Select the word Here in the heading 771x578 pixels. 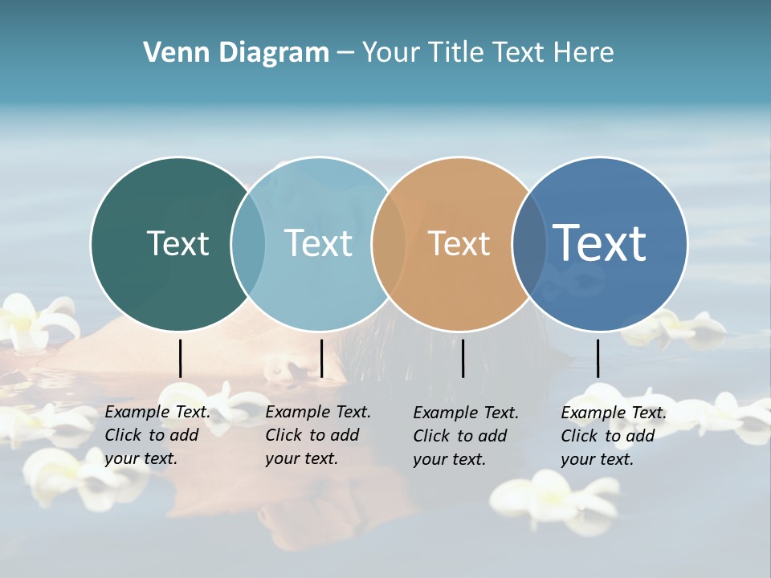tap(583, 53)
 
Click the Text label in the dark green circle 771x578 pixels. tap(177, 243)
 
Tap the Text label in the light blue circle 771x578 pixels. tap(319, 243)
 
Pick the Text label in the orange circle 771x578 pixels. tap(459, 243)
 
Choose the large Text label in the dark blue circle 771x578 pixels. tap(600, 242)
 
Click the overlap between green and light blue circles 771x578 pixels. tap(248, 243)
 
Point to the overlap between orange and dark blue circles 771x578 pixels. tap(529, 243)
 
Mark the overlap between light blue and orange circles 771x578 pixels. tap(389, 243)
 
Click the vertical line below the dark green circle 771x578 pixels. tap(180, 358)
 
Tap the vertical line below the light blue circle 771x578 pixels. tap(321, 358)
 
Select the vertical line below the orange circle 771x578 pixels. tap(463, 358)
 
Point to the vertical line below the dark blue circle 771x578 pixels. tap(598, 358)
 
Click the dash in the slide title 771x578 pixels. tap(345, 54)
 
